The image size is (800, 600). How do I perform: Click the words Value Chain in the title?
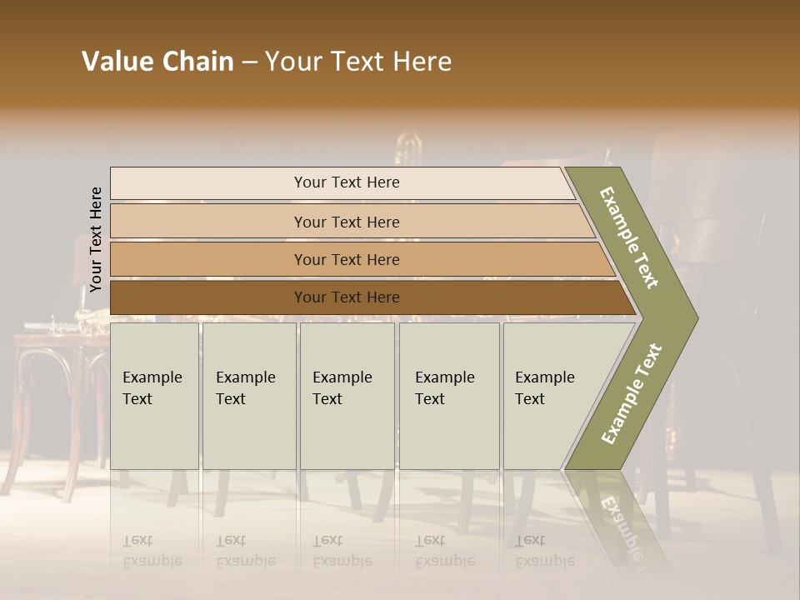coord(157,62)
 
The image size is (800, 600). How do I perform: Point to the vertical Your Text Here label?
coord(96,240)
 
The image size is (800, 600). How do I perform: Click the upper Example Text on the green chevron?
coord(629,237)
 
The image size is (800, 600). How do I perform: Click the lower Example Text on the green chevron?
coord(632,394)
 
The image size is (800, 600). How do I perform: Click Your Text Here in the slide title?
coord(358,62)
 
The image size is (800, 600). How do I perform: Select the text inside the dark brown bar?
coord(347,297)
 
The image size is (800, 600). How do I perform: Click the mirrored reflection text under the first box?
coord(152,551)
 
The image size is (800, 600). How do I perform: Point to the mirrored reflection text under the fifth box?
coord(544,551)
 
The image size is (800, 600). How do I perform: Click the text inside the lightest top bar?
coord(347,182)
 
